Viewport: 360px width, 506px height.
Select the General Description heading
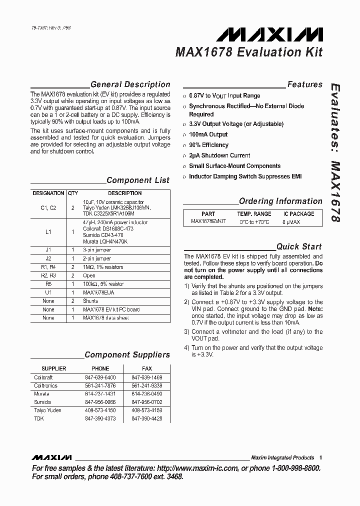click(130, 84)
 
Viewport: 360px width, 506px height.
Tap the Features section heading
click(304, 84)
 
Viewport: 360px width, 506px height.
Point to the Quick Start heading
click(299, 246)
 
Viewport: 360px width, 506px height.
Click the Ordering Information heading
click(280, 201)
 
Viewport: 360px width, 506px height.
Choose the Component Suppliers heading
click(127, 354)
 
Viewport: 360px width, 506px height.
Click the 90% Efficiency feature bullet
click(208, 145)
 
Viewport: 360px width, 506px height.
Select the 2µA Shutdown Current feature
click(219, 155)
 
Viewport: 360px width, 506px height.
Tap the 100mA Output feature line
click(208, 134)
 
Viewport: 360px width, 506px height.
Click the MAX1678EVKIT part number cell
click(208, 221)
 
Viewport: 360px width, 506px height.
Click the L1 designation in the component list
click(48, 232)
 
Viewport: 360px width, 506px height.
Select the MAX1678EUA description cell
click(98, 292)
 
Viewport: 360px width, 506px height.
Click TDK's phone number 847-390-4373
click(99, 418)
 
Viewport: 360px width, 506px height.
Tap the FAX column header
click(147, 369)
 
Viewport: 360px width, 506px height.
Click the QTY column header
click(73, 193)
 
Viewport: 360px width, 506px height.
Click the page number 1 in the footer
click(320, 457)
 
